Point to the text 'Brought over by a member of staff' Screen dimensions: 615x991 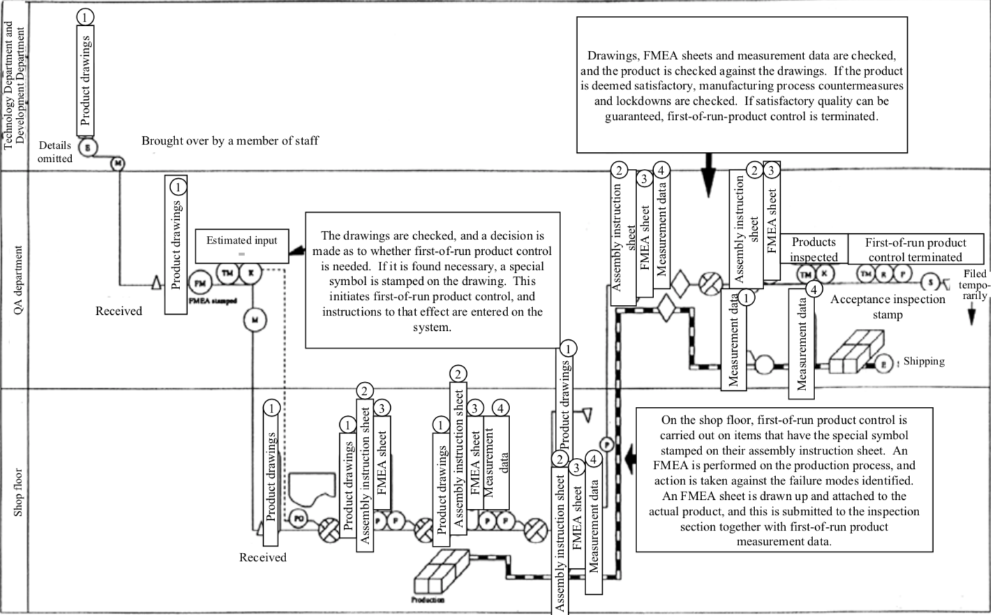point(230,141)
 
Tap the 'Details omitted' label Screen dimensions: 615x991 point(55,152)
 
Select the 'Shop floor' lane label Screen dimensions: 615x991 point(18,492)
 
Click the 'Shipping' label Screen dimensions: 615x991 point(923,362)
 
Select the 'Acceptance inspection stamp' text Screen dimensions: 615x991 point(887,306)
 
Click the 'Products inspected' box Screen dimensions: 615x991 point(813,249)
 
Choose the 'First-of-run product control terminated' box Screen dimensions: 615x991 point(915,249)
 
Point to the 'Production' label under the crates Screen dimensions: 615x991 point(427,600)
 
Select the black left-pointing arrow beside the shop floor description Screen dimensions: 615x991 point(629,458)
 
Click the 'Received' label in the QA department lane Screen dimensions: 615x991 point(119,311)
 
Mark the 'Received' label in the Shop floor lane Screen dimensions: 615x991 point(262,557)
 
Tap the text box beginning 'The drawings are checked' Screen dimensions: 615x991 point(432,280)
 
